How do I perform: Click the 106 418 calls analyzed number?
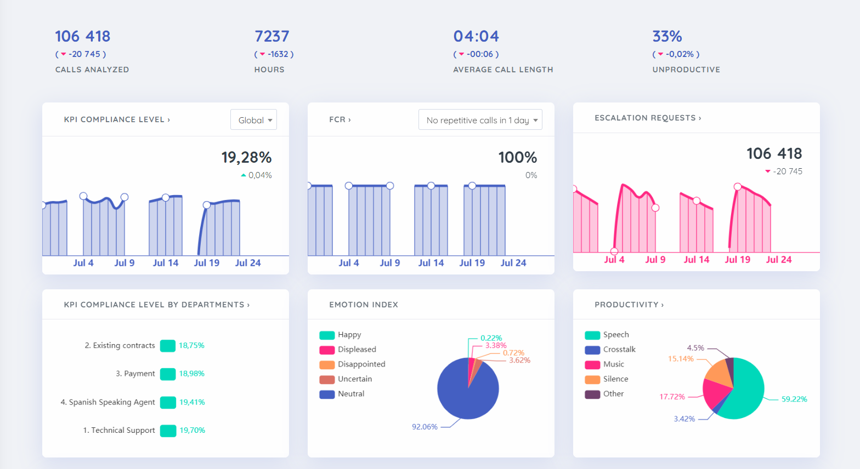(x=83, y=36)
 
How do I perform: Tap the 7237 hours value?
(x=271, y=36)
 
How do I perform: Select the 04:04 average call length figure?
(x=476, y=36)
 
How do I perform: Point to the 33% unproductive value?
(x=667, y=36)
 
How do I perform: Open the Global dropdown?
(x=254, y=120)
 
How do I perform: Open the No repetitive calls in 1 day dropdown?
(x=480, y=120)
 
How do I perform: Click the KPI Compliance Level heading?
(x=117, y=119)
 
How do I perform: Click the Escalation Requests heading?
(x=647, y=118)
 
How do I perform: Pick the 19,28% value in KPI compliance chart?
(x=246, y=158)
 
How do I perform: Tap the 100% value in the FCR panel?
(x=517, y=158)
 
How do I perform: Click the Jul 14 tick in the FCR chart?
(x=431, y=263)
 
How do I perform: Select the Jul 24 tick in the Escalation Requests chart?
(x=778, y=260)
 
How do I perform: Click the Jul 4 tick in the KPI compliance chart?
(x=83, y=263)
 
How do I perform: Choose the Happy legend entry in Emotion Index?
(x=349, y=335)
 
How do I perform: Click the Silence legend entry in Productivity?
(x=615, y=379)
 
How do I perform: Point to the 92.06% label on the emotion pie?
(x=425, y=427)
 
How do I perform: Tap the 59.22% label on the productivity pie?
(x=794, y=399)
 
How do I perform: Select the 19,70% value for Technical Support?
(x=192, y=430)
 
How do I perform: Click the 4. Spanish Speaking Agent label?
(x=107, y=402)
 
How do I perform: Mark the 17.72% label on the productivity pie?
(x=672, y=397)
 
